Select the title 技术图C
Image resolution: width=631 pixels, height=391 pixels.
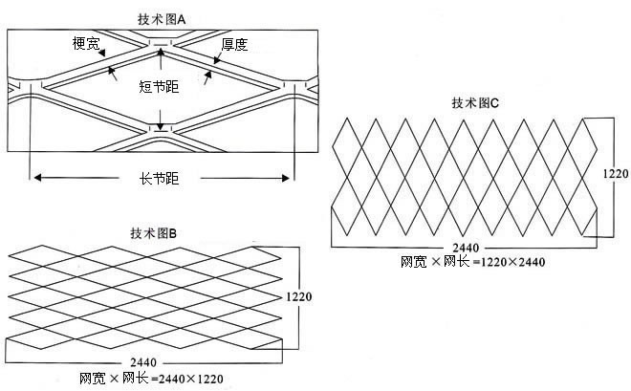pyautogui.click(x=475, y=103)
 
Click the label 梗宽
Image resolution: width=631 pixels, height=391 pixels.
pyautogui.click(x=85, y=43)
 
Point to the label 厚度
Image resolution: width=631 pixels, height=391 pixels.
pyautogui.click(x=234, y=44)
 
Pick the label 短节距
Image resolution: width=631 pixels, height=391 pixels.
pyautogui.click(x=159, y=87)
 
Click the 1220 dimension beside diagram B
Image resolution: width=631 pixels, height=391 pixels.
pyautogui.click(x=298, y=298)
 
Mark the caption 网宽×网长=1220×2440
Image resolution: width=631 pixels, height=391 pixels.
pyautogui.click(x=472, y=260)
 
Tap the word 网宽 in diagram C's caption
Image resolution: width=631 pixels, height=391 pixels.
pyautogui.click(x=413, y=260)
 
